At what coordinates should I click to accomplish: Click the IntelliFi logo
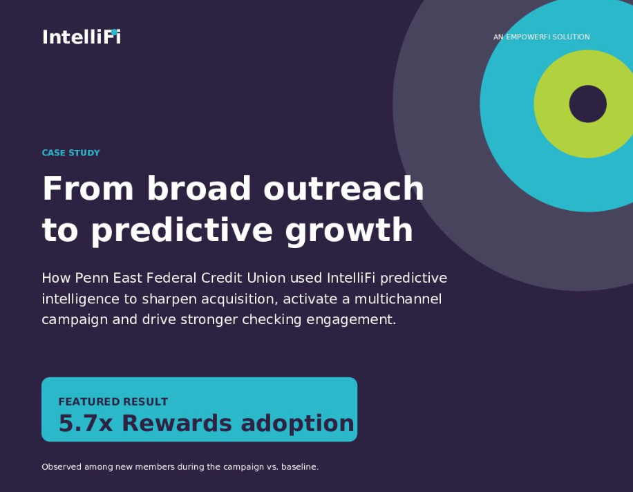tap(82, 37)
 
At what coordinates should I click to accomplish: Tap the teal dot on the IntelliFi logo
tap(114, 32)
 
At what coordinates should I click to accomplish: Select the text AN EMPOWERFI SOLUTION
tap(541, 37)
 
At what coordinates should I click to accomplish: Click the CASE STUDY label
tap(70, 153)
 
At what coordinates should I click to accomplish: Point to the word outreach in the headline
tap(343, 188)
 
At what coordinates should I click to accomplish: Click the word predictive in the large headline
tap(182, 230)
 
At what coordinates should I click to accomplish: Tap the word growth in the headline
tap(349, 230)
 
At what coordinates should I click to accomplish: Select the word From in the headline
tap(88, 188)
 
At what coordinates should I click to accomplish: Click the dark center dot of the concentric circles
tap(588, 104)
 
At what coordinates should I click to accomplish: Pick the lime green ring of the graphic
tap(551, 104)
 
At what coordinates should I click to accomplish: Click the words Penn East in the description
tap(108, 278)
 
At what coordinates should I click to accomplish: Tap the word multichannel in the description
tap(397, 299)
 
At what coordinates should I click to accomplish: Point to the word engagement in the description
tap(351, 320)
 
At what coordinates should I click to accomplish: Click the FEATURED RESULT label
tap(113, 401)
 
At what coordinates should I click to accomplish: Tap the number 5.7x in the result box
tap(86, 424)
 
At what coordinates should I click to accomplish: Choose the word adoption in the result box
tap(297, 424)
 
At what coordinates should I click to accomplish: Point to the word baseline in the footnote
tap(300, 467)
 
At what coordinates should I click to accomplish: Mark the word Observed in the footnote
tap(62, 467)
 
